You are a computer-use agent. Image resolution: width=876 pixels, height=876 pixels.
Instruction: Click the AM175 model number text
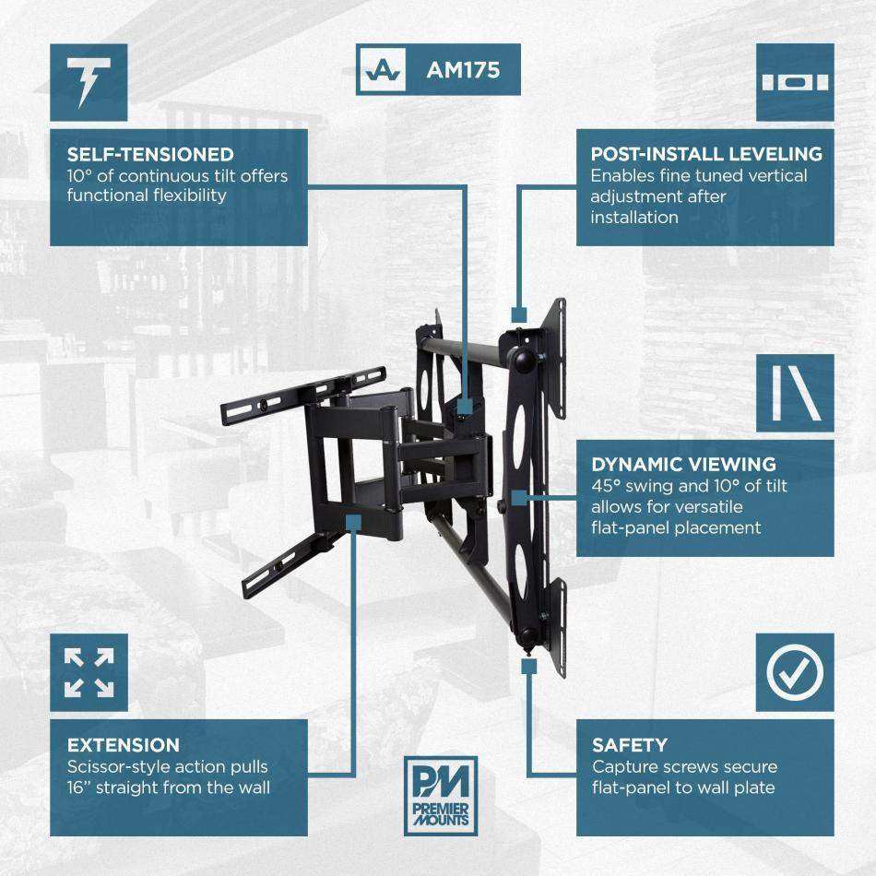click(x=463, y=69)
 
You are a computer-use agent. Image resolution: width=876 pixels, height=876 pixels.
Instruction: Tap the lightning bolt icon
click(x=89, y=82)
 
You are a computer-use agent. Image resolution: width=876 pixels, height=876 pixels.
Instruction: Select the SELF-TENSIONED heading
click(x=150, y=154)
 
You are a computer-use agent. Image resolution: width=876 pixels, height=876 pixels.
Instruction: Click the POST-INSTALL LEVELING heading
click(x=706, y=154)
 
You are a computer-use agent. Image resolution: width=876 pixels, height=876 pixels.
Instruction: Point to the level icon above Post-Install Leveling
click(x=794, y=82)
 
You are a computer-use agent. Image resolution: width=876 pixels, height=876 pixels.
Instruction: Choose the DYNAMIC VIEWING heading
click(x=683, y=465)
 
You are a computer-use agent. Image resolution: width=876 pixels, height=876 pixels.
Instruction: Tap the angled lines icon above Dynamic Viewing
click(x=794, y=393)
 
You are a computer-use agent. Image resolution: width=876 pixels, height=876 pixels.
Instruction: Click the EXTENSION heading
click(x=124, y=745)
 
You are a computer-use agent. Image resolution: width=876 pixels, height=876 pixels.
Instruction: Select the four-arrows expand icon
click(x=89, y=672)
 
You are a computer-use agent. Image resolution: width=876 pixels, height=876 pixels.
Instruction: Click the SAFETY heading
click(x=630, y=745)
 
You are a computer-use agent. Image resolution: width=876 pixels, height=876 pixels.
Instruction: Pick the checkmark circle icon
click(x=794, y=672)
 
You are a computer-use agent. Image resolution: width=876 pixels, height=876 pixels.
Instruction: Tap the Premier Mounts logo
click(x=441, y=795)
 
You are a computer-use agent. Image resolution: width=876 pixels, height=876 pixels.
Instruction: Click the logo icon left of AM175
click(x=382, y=70)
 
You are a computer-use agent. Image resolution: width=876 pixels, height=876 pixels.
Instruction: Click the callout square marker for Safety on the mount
click(x=528, y=666)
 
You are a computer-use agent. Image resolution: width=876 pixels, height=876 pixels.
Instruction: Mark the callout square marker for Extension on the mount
click(x=352, y=522)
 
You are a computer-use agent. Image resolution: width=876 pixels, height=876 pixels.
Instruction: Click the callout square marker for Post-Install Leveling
click(x=518, y=314)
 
